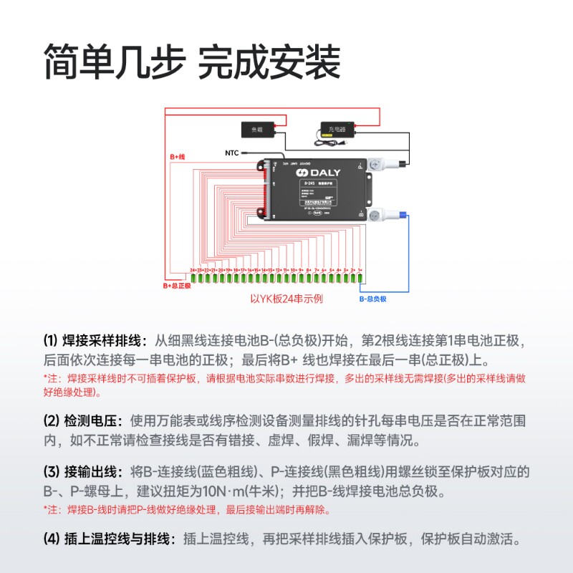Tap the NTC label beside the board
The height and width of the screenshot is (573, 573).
(232, 153)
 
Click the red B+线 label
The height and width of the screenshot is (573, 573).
(178, 156)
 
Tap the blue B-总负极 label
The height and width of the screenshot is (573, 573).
(372, 298)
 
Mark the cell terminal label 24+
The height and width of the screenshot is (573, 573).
(193, 270)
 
